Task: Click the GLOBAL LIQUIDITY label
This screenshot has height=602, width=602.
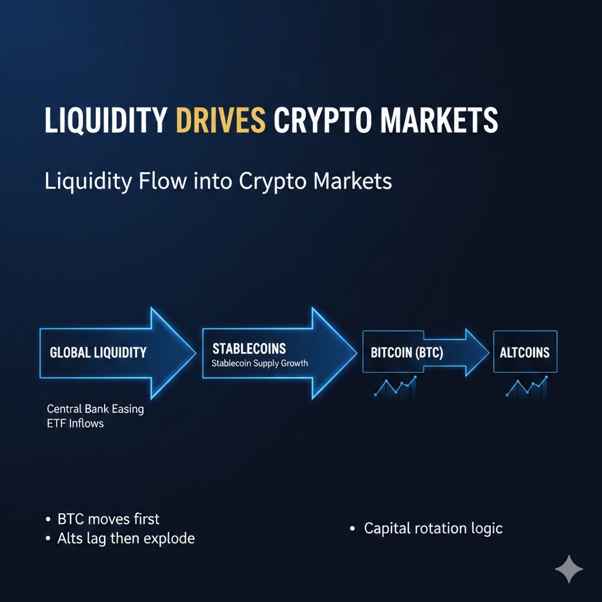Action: (98, 353)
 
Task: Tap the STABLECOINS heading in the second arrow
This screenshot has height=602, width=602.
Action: (249, 349)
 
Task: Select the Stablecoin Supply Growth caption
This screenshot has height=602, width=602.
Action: (260, 363)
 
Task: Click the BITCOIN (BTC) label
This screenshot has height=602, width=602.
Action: (407, 353)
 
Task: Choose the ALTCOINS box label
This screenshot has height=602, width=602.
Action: (524, 353)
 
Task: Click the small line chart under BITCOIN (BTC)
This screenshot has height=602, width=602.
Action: (395, 386)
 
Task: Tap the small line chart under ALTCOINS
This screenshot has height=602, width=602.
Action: (527, 386)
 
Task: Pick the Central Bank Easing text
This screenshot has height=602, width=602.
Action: (95, 409)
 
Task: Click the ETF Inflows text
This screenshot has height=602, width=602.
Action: (75, 423)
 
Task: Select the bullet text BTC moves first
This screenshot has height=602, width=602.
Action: (108, 519)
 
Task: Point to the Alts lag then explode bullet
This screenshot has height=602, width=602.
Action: (126, 538)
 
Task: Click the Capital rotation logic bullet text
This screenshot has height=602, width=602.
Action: (433, 528)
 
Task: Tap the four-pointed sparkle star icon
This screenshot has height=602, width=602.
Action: (568, 568)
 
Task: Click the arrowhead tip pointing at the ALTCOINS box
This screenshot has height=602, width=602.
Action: (488, 352)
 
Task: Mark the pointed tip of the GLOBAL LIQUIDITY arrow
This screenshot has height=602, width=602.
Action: (195, 353)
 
